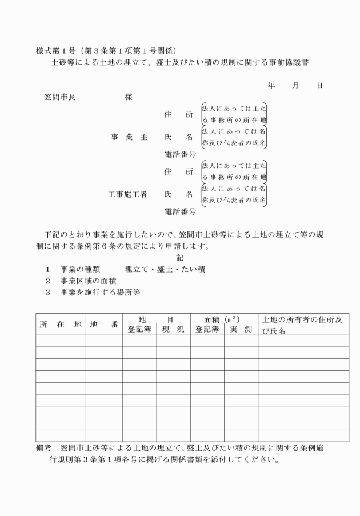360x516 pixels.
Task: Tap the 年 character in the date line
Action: click(271, 86)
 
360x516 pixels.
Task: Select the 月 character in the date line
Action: click(295, 86)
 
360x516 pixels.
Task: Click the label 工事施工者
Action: click(128, 194)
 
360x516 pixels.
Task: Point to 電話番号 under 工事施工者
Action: click(181, 212)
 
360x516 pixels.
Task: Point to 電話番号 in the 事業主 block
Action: click(181, 154)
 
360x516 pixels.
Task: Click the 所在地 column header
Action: click(61, 325)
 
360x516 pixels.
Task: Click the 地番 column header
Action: click(104, 325)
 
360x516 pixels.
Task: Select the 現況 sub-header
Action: click(173, 330)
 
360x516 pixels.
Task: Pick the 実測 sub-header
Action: click(241, 330)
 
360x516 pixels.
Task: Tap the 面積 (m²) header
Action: click(224, 319)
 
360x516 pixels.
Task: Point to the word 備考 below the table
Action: click(44, 448)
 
